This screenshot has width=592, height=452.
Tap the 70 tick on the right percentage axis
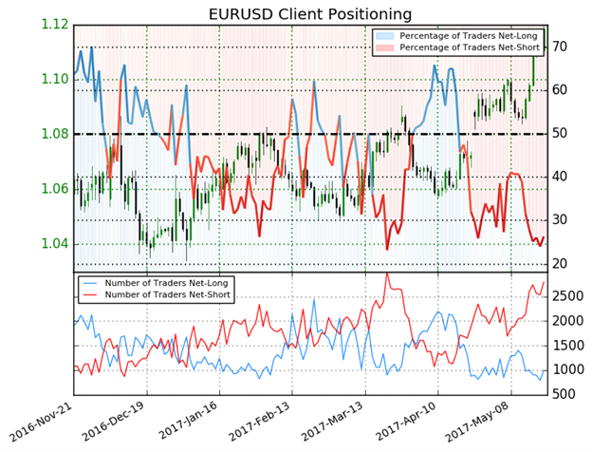[x=561, y=47]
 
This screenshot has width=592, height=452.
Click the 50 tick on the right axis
[x=561, y=134]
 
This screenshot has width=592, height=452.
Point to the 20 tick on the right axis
[x=561, y=263]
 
